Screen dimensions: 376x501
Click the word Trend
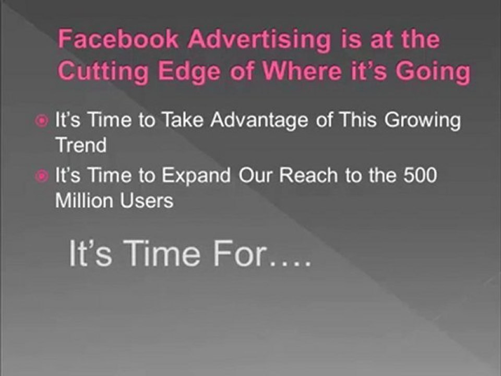(81, 145)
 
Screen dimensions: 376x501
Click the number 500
(419, 177)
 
